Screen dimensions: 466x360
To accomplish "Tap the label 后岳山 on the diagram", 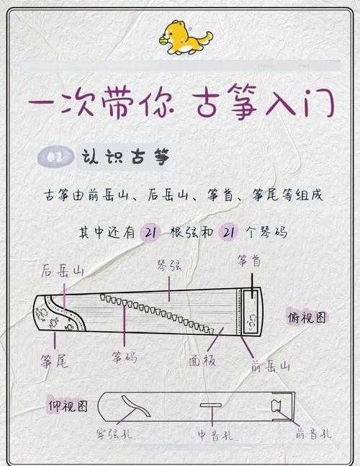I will click(x=63, y=271).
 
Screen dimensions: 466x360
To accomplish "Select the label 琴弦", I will click(x=168, y=265).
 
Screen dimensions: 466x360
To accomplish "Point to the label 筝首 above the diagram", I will click(x=249, y=262).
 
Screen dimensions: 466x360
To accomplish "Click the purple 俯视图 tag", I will click(x=307, y=317).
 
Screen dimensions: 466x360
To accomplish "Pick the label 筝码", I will click(x=123, y=357).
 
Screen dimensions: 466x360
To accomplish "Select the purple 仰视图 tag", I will click(x=68, y=405).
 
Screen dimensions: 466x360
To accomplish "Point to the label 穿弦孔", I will click(x=114, y=434).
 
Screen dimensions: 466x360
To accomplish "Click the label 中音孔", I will click(x=215, y=435).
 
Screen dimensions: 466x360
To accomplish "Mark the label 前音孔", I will click(x=314, y=434).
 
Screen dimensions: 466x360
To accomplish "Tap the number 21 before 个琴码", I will click(x=230, y=232).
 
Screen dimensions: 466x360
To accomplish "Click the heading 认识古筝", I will click(x=125, y=158).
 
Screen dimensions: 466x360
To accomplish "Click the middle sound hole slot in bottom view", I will click(x=210, y=406).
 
